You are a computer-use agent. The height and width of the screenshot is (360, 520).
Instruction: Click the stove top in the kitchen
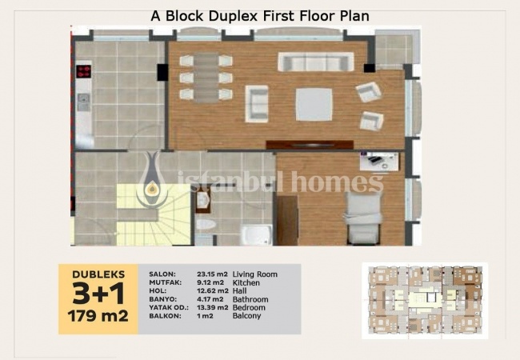83,71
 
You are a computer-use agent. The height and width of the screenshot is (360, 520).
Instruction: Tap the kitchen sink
83,102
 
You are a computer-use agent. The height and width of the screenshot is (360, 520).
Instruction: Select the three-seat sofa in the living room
316,62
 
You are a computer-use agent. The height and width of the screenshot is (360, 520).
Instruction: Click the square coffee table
314,105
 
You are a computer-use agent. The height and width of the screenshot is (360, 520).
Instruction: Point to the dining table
206,78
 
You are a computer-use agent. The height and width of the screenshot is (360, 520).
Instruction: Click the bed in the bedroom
363,218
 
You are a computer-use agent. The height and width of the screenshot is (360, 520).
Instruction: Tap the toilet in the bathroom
206,224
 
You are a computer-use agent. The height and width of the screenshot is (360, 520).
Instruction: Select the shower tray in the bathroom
256,234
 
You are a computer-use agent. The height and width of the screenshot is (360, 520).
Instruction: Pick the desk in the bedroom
378,162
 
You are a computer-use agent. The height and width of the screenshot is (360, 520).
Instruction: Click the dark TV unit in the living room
310,145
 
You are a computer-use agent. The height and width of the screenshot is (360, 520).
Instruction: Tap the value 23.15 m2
212,274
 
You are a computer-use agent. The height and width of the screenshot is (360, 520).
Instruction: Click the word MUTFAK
165,282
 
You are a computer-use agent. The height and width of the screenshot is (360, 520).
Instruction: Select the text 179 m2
98,316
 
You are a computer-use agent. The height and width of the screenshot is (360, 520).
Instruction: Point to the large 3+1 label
98,294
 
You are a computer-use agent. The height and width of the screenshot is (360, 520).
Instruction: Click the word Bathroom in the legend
250,299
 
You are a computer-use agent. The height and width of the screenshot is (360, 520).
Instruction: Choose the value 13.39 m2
213,308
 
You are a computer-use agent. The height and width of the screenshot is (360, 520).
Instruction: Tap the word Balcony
246,315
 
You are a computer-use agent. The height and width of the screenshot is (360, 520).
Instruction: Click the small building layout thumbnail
425,301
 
